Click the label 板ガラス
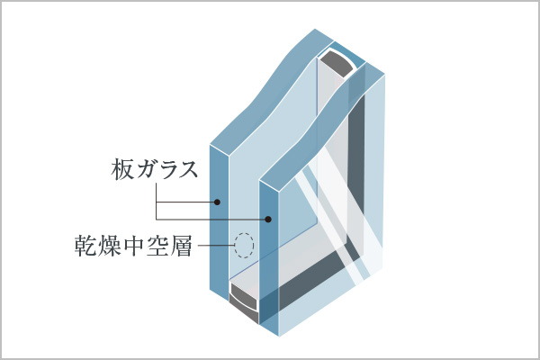154,169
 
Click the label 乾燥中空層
133,246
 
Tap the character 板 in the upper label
121,169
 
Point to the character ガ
144,169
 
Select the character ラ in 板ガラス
166,170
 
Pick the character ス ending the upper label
188,170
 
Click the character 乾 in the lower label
85,246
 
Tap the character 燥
110,246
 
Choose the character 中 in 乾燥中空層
133,246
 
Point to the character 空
157,246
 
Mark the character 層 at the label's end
181,246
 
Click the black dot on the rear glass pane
217,202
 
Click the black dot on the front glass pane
268,219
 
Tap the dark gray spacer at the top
337,65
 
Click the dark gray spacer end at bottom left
243,306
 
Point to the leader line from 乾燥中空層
216,246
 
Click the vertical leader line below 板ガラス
156,202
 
